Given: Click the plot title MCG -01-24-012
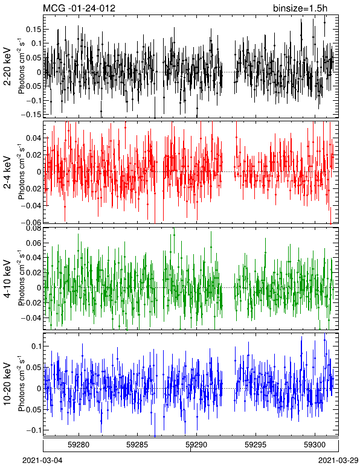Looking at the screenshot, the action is point(79,8).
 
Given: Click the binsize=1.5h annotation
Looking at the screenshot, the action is point(300,8).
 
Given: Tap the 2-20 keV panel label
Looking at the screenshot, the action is point(7,66).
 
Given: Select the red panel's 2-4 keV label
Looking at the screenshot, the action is point(7,173).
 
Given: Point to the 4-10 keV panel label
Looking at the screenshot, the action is point(7,278).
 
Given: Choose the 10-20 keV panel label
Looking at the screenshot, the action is point(7,384).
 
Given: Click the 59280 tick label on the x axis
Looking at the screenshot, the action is point(79,445).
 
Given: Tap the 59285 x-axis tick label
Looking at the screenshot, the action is point(138,445).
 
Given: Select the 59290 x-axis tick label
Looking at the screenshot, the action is point(196,445).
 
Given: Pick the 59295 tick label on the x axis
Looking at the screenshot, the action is point(256,445).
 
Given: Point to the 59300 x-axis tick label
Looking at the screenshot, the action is point(315,445).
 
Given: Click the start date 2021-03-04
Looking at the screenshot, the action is point(42,461).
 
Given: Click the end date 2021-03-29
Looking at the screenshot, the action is point(339,461).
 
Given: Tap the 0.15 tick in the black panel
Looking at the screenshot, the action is point(33,30).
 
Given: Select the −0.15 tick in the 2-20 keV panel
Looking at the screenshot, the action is point(31,115).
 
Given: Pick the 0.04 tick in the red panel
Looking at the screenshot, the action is point(33,138).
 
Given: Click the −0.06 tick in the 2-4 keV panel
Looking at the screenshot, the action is point(31,222).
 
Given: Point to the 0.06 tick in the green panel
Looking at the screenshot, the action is point(33,243).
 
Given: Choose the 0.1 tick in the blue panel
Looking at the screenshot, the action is point(36,346).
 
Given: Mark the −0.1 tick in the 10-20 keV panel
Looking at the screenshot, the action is point(33,430).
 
